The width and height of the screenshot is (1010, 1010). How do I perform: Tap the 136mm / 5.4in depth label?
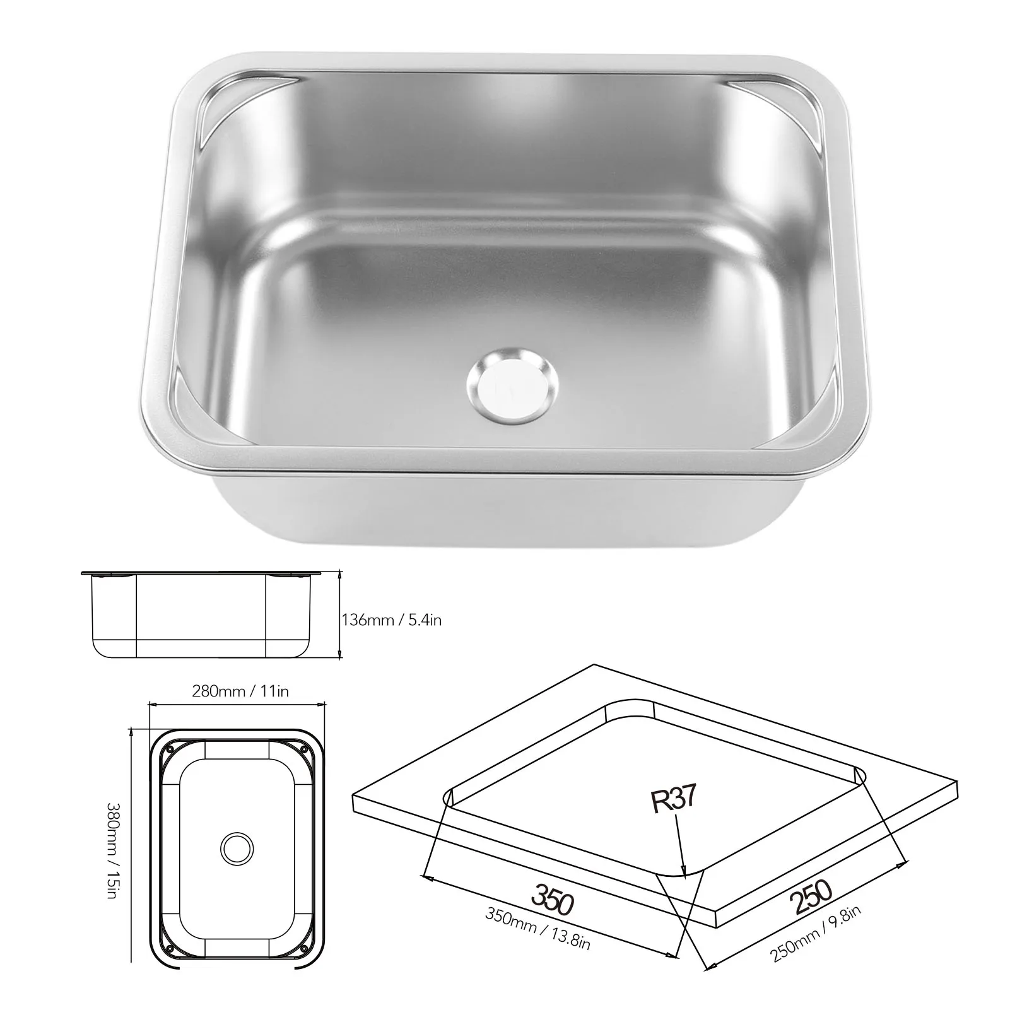391,620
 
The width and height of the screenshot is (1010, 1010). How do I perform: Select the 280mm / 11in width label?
240,691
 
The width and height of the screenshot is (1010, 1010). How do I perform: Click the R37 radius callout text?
673,799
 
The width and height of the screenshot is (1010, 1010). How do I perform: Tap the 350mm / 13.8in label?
537,932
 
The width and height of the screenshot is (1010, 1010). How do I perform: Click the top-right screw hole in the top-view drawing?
304,749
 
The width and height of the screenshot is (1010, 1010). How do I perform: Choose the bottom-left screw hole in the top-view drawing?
168,946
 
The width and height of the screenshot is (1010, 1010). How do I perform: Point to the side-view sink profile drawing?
202,615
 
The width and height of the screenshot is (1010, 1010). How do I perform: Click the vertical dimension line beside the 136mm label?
340,615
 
